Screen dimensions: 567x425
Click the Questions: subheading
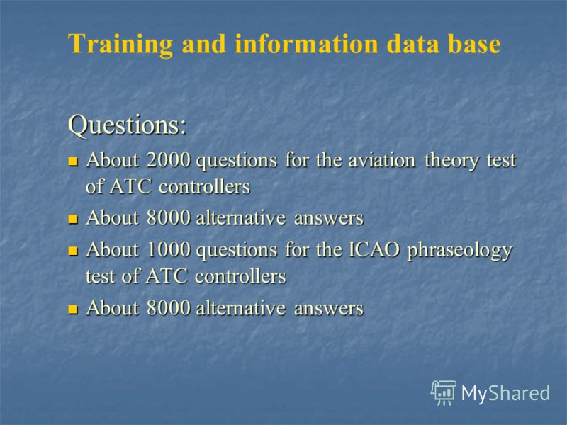click(128, 125)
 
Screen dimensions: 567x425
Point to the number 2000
click(169, 160)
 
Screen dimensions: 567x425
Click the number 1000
click(169, 250)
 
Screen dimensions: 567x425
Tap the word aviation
click(382, 160)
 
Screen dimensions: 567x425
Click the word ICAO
click(374, 250)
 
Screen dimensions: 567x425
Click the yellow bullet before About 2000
click(73, 161)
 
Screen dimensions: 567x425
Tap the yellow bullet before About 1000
click(73, 251)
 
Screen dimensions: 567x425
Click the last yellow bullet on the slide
click(73, 310)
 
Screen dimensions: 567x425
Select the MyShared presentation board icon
click(444, 393)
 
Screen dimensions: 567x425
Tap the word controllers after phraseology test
click(240, 276)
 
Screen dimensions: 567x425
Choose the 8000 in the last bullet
click(169, 308)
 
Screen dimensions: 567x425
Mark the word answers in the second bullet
click(329, 219)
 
